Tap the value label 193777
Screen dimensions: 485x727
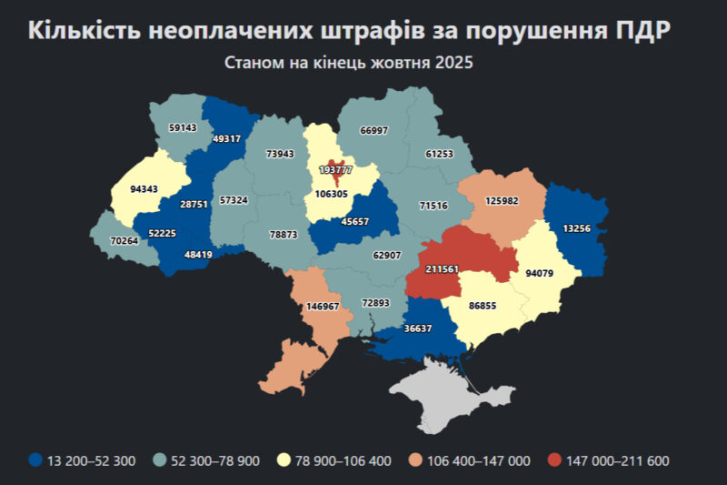pyautogui.click(x=336, y=170)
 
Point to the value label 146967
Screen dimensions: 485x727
pyautogui.click(x=323, y=307)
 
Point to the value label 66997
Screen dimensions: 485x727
pyautogui.click(x=373, y=130)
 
